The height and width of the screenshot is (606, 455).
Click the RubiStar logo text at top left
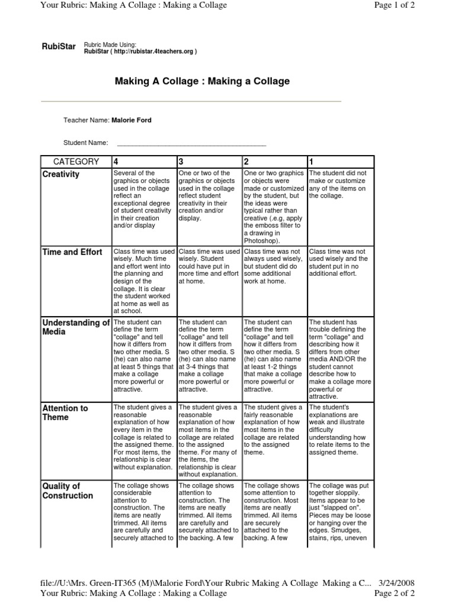click(59, 47)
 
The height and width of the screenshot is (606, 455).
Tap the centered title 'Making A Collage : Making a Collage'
click(202, 81)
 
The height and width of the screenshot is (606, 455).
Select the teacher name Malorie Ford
click(132, 120)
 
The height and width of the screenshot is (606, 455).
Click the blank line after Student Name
click(191, 143)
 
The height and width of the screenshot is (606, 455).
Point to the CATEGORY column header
click(76, 162)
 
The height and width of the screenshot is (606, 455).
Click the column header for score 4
click(116, 162)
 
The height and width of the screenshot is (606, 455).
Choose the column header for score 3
click(181, 162)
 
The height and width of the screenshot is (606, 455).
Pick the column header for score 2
click(246, 162)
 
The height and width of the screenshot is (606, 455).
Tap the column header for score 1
click(312, 162)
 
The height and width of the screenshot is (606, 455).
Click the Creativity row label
click(61, 175)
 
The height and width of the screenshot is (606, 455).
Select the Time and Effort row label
click(72, 252)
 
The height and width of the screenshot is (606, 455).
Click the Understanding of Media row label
click(76, 327)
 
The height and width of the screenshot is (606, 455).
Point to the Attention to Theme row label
click(65, 412)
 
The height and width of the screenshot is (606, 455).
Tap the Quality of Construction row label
click(68, 491)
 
